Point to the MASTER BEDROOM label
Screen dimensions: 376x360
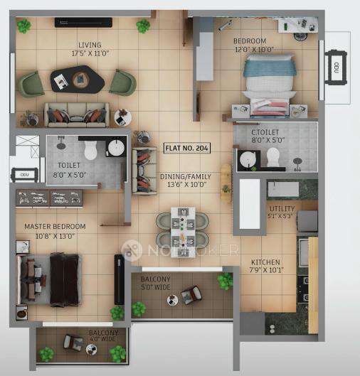[55, 227]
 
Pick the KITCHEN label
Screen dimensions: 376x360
[265, 262]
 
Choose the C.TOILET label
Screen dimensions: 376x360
[267, 131]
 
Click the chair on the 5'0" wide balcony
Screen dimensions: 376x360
[191, 293]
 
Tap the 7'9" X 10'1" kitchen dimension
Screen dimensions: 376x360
[265, 271]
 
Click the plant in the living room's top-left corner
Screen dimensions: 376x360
[24, 26]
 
